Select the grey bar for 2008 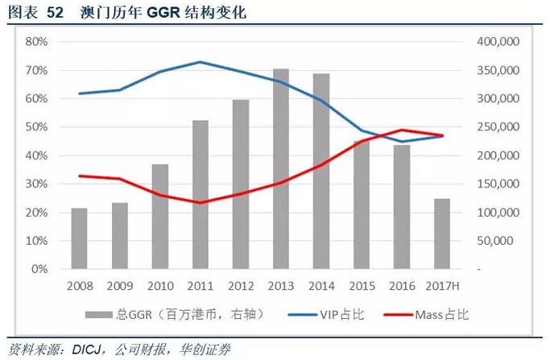pos(79,238)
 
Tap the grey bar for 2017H pos(443,234)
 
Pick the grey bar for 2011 pos(201,194)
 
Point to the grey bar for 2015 pos(362,205)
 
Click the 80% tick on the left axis pos(36,41)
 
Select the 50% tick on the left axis pos(36,127)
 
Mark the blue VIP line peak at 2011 pos(201,62)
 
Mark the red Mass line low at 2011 pos(201,202)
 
